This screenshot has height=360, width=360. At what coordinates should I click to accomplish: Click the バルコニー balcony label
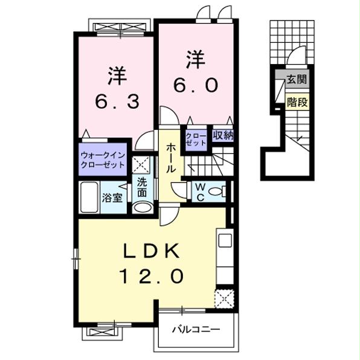pyautogui.click(x=196, y=330)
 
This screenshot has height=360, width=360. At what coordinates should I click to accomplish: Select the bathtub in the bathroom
pyautogui.click(x=89, y=197)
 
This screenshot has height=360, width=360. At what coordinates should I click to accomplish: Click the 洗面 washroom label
pyautogui.click(x=142, y=187)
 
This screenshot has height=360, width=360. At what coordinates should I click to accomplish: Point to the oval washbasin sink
pyautogui.click(x=143, y=207)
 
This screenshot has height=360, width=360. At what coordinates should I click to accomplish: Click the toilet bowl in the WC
pyautogui.click(x=221, y=192)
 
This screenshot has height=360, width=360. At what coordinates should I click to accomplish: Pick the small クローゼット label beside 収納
pyautogui.click(x=196, y=140)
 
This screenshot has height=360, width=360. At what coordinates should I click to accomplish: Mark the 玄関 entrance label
pyautogui.click(x=297, y=79)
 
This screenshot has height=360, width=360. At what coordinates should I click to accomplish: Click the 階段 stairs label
pyautogui.click(x=297, y=101)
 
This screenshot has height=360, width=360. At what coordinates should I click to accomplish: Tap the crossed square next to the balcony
pyautogui.click(x=223, y=299)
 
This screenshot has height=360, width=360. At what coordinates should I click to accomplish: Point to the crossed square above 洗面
pyautogui.click(x=142, y=164)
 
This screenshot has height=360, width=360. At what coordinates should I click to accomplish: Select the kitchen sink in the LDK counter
pyautogui.click(x=225, y=240)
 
